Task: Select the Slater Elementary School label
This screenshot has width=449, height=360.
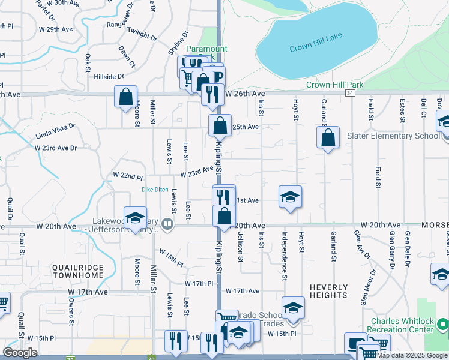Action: pyautogui.click(x=393, y=136)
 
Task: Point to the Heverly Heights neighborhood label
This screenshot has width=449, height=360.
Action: pyautogui.click(x=328, y=291)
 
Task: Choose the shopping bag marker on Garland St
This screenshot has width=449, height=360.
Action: pyautogui.click(x=328, y=138)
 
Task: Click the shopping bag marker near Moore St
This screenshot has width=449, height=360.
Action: pyautogui.click(x=126, y=97)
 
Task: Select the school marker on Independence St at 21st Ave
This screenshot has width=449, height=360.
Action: pyautogui.click(x=290, y=197)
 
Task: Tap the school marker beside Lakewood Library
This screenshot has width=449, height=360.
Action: pyautogui.click(x=135, y=218)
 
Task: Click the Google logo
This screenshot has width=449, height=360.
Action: pyautogui.click(x=20, y=352)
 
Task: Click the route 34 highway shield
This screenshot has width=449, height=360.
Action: pyautogui.click(x=350, y=93)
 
